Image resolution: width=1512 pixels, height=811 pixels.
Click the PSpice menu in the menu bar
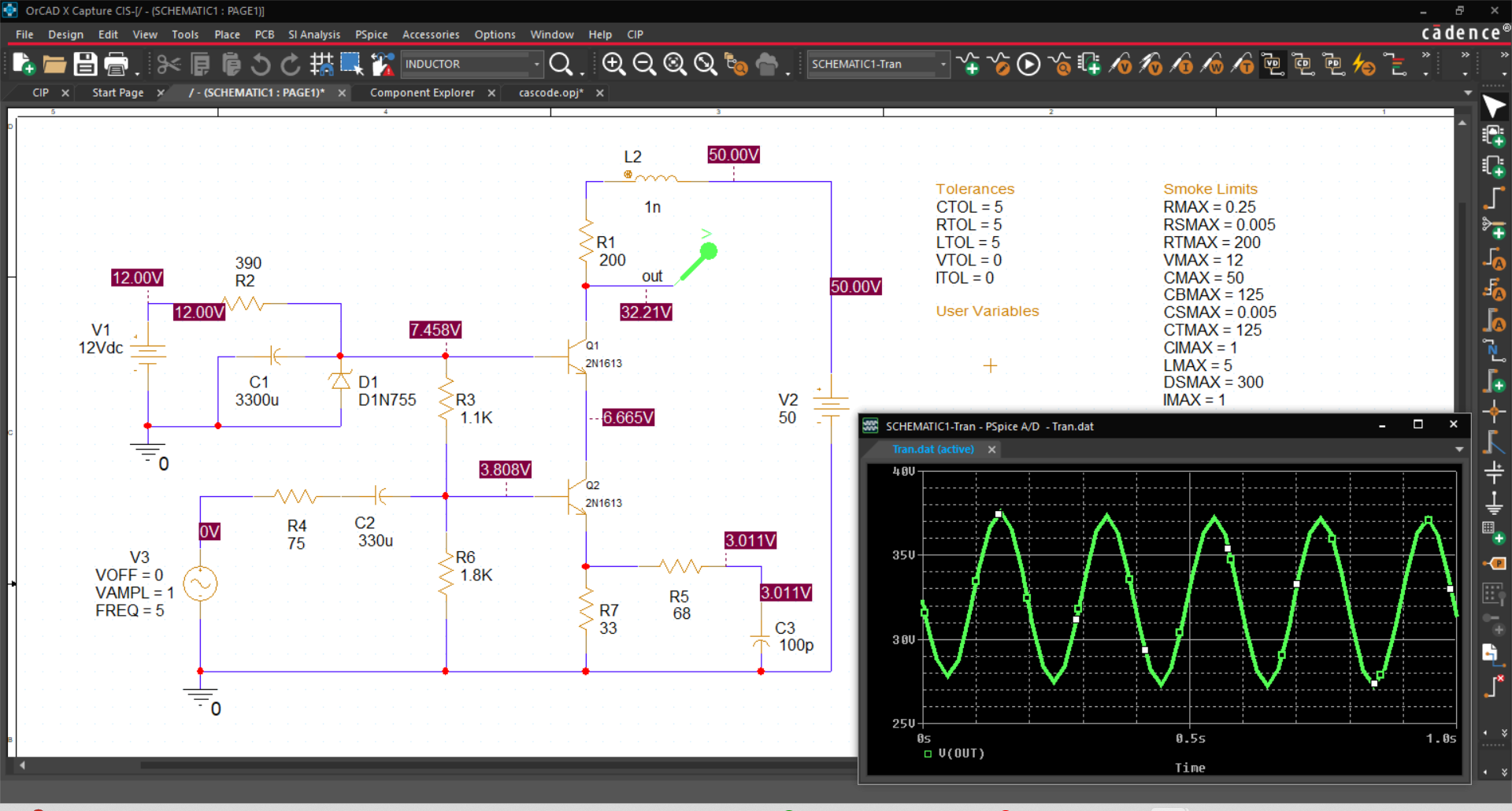click(371, 35)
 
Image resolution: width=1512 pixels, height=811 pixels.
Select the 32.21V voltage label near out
click(646, 312)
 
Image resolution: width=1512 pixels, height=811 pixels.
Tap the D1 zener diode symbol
click(340, 381)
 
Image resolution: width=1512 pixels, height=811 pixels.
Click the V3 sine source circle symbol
click(200, 584)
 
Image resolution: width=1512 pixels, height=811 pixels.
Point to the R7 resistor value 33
click(608, 628)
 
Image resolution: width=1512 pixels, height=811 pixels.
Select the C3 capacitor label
click(784, 628)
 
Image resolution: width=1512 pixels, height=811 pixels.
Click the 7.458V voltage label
click(435, 330)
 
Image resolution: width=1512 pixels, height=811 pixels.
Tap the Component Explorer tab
click(422, 93)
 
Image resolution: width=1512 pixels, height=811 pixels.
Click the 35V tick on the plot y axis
click(903, 555)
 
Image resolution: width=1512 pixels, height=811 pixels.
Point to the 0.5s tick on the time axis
click(1190, 739)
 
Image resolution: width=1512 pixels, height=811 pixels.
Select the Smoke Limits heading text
click(1210, 189)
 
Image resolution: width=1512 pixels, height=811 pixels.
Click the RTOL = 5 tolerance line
click(968, 225)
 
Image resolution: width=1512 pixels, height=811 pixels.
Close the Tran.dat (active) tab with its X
click(992, 450)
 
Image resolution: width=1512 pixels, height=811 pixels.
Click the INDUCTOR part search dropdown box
click(471, 65)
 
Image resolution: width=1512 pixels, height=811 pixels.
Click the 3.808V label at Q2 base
click(505, 470)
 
